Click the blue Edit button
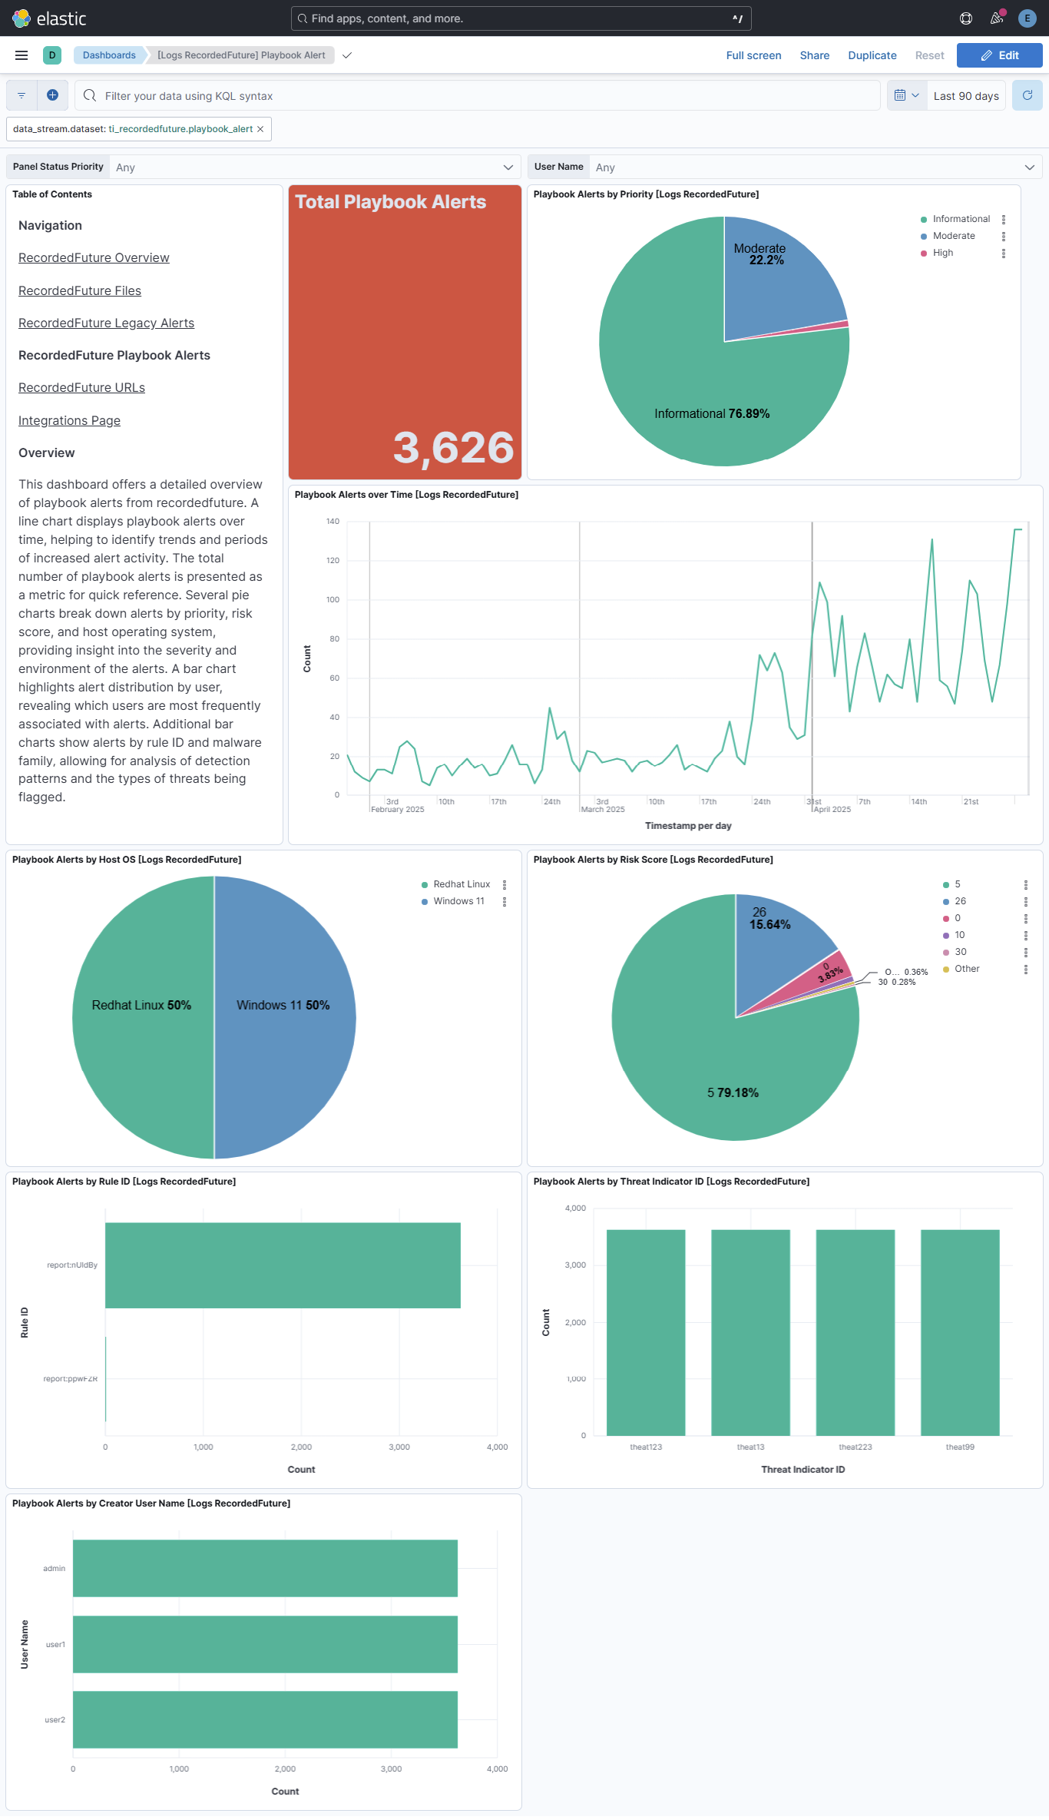[x=999, y=55]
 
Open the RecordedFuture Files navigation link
[x=80, y=290]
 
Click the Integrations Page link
[x=69, y=420]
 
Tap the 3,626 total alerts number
[x=453, y=447]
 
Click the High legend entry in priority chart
[x=942, y=253]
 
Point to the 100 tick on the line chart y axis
[x=333, y=599]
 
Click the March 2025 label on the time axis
[x=603, y=809]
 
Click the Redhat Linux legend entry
[x=461, y=884]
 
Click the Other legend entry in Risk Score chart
[x=966, y=969]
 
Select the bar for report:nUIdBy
[x=283, y=1265]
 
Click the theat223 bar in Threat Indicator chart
[x=855, y=1332]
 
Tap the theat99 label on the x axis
[x=960, y=1447]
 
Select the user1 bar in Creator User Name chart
[x=265, y=1644]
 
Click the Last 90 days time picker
[x=965, y=96]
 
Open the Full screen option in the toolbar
[x=753, y=55]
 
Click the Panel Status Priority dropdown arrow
[x=508, y=167]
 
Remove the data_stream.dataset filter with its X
[x=260, y=129]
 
